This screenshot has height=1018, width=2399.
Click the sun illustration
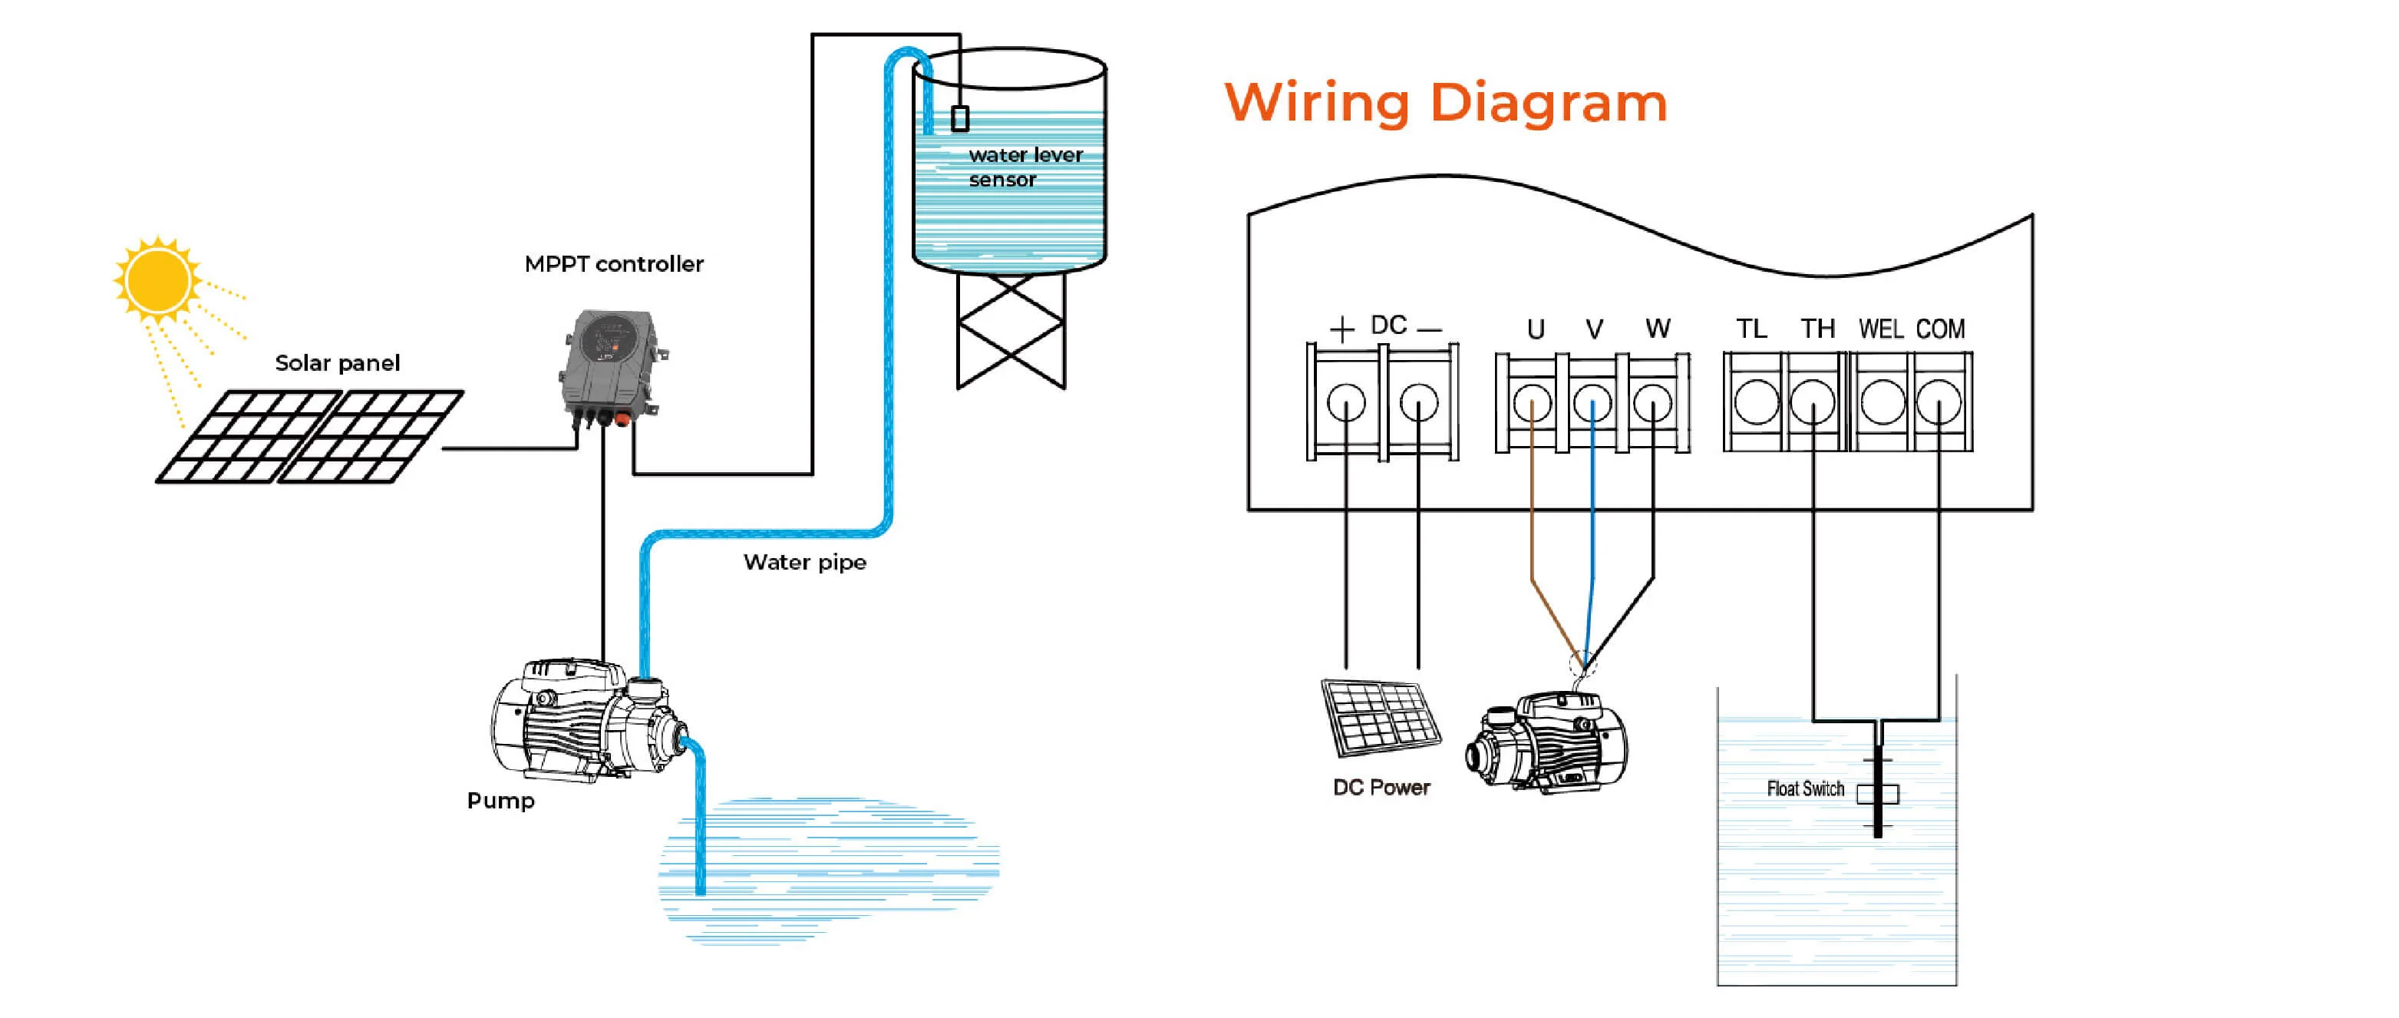157,279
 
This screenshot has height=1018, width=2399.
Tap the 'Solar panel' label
337,363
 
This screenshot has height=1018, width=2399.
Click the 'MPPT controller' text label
614,265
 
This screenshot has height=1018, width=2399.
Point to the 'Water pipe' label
804,563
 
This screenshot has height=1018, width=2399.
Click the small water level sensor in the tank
960,118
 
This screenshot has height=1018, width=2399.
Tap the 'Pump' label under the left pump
501,801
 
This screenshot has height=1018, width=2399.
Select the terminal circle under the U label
1533,403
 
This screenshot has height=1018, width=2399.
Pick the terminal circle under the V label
1592,403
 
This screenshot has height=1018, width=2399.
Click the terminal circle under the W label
1653,403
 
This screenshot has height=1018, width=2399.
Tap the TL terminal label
1751,329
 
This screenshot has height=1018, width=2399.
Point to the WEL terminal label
1881,329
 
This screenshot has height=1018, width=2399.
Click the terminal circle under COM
1939,403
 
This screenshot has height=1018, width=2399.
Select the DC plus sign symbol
1342,329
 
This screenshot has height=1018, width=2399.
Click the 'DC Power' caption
1381,788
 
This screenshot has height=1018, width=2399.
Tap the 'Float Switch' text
1805,789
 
